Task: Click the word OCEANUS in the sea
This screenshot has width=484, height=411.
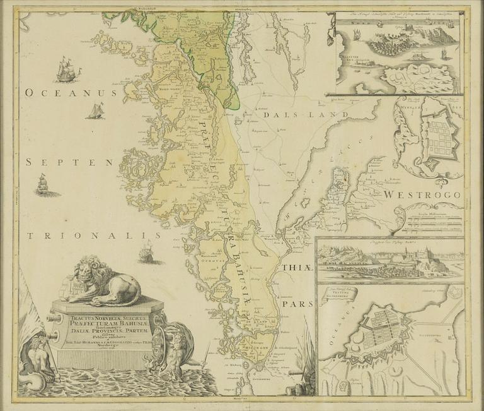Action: coord(71,93)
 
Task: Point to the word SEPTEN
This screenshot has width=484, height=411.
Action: coord(69,162)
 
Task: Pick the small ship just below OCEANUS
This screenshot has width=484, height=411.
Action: coord(95,112)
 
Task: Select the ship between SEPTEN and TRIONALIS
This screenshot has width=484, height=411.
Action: coord(43,185)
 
